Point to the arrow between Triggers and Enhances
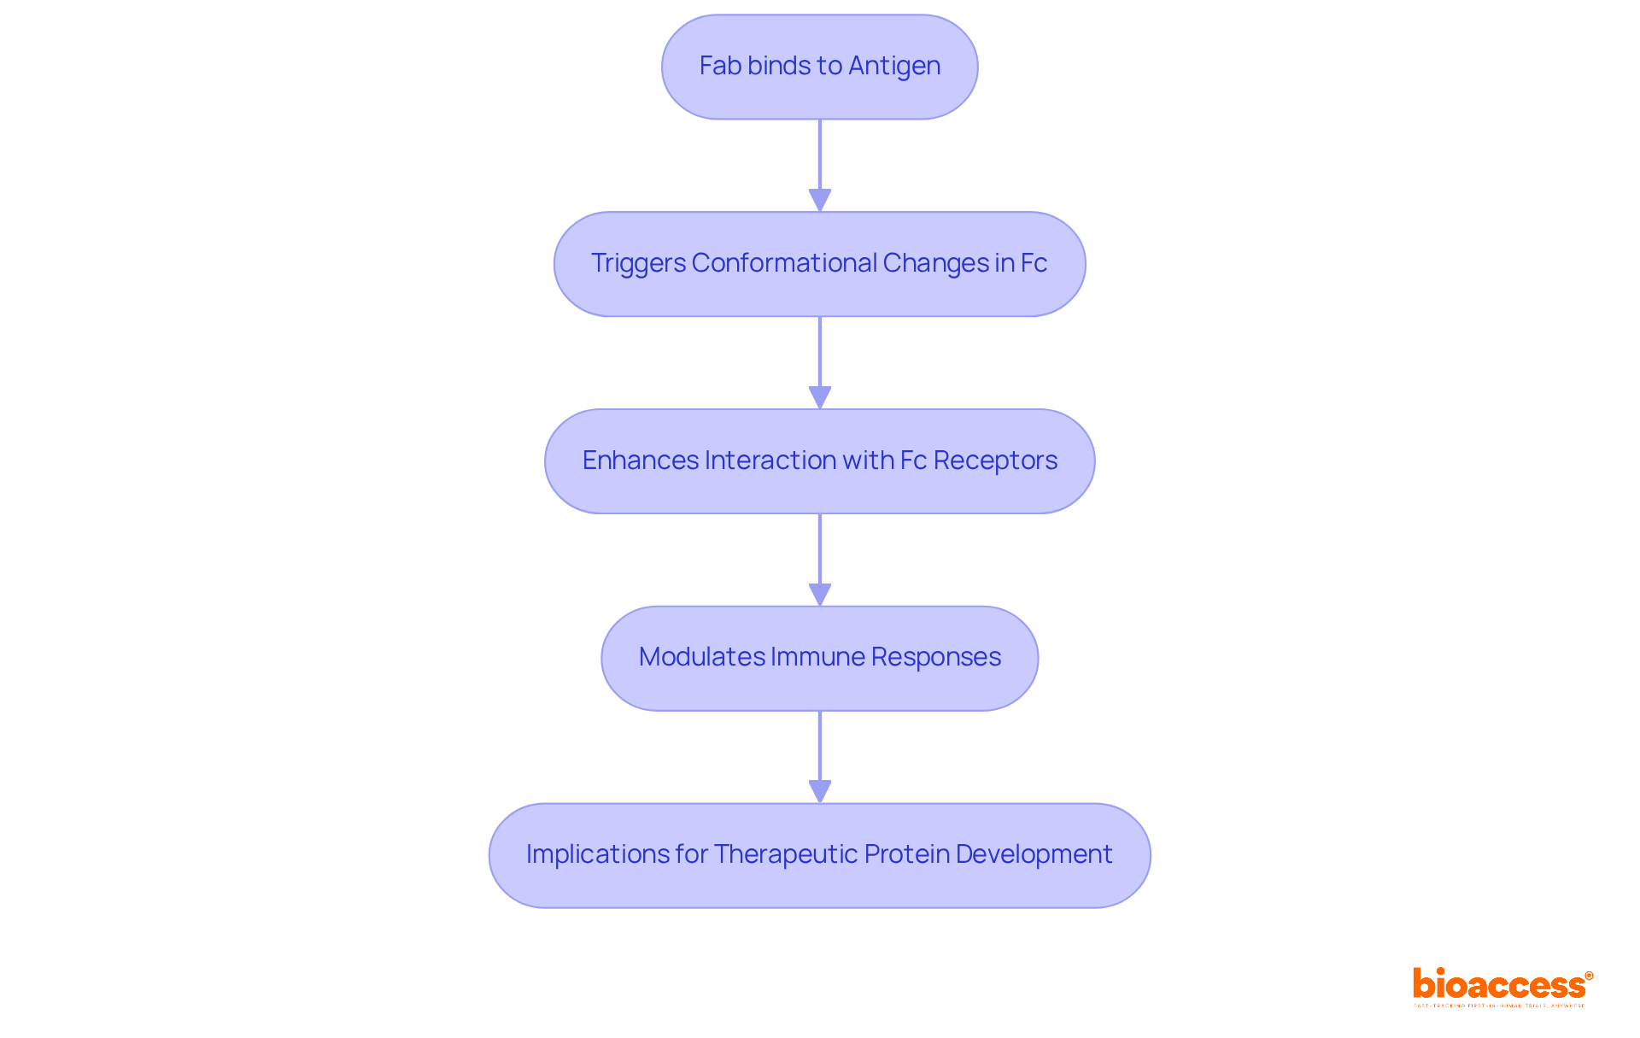[x=820, y=362]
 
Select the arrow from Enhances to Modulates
[x=820, y=560]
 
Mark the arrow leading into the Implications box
[x=820, y=757]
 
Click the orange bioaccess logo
[x=1502, y=986]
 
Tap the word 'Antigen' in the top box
[x=894, y=66]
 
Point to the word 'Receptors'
[x=995, y=460]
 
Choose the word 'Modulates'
[x=701, y=657]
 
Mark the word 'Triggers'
[x=638, y=263]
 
